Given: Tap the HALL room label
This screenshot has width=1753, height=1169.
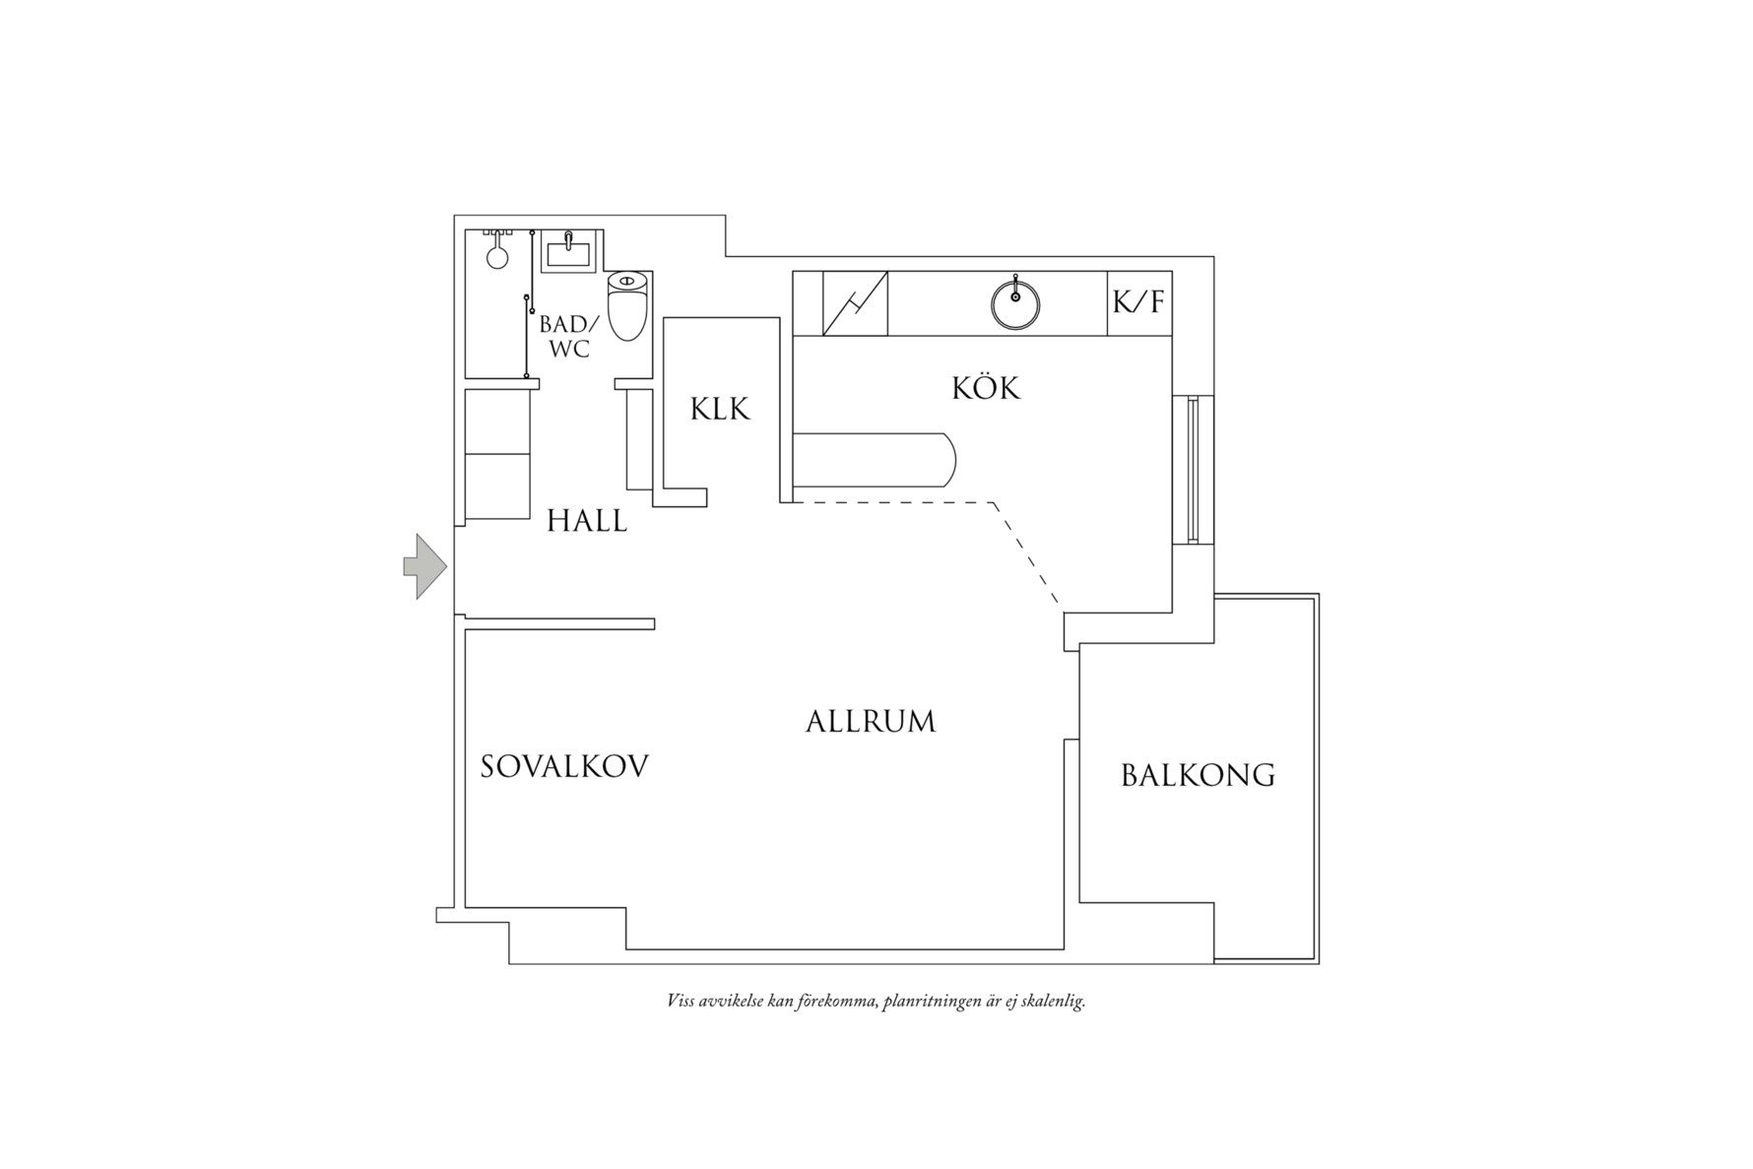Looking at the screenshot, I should [x=587, y=520].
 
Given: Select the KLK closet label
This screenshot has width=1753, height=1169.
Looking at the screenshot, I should [x=720, y=409].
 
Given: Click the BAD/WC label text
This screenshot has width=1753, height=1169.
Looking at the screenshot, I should [x=567, y=336].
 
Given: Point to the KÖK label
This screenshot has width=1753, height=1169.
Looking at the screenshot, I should [x=986, y=388].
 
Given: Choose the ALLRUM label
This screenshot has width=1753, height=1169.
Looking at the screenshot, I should [x=871, y=722].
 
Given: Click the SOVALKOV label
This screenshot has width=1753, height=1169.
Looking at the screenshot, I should [x=564, y=767].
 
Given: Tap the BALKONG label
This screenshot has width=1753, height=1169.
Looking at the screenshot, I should [x=1198, y=776].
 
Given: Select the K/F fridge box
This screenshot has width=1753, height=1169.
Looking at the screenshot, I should [x=1139, y=302].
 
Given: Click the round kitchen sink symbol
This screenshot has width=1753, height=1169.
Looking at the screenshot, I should [x=1015, y=303].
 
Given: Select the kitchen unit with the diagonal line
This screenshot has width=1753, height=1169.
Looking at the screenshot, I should [x=855, y=303].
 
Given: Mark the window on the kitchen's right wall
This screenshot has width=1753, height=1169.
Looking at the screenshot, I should [x=1194, y=470].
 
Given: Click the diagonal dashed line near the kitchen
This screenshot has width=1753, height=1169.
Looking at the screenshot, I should [x=1026, y=553].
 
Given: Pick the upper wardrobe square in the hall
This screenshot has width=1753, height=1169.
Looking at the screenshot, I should [x=497, y=422].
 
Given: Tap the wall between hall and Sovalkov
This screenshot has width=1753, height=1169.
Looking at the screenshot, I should [x=559, y=623].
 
